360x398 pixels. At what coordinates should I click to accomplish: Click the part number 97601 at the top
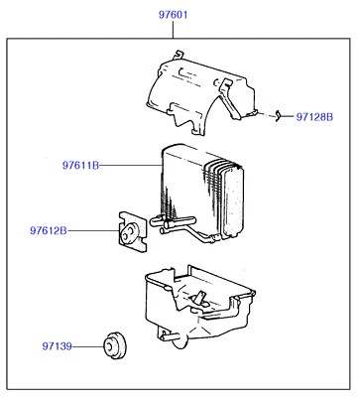(173, 15)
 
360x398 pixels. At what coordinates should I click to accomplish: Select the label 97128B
(314, 117)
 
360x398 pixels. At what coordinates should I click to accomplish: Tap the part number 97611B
(80, 165)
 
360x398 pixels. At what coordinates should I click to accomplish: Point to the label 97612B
(49, 230)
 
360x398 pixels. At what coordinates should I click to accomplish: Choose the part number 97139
(57, 346)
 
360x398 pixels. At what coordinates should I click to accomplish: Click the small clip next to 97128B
(278, 115)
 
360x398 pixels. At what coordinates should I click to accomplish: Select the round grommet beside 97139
(115, 345)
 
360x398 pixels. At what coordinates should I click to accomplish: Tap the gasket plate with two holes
(133, 232)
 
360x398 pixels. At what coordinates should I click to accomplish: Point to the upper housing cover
(198, 92)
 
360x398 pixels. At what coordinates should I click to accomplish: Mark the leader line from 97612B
(93, 230)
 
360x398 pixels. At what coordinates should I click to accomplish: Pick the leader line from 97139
(88, 346)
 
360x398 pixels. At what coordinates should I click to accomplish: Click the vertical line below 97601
(173, 30)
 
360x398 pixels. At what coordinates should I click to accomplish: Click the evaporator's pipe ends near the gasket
(172, 224)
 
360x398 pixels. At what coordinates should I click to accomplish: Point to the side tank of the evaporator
(234, 200)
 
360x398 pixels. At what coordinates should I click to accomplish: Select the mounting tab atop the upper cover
(178, 54)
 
